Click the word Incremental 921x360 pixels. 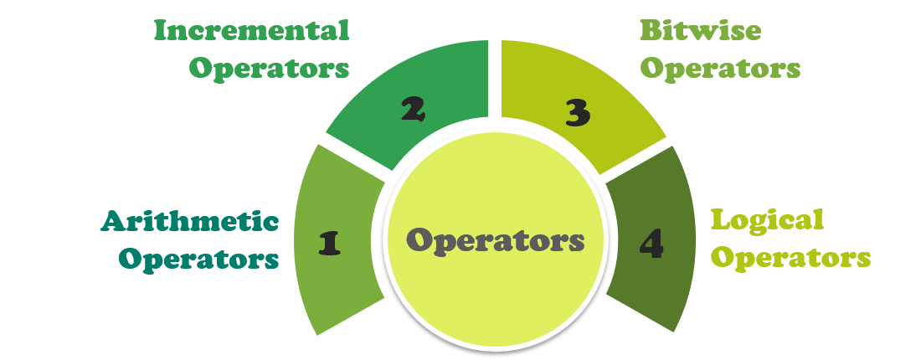coord(251,31)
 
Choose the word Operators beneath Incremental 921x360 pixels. coord(269,69)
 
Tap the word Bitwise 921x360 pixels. coord(700,31)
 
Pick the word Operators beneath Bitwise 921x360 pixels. coord(720,69)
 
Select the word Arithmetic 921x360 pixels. coord(190,221)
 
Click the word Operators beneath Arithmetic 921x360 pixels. coord(198,258)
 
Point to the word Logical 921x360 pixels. coord(768,220)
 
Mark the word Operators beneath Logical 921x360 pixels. coord(790,258)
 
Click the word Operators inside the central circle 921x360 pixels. coord(496,241)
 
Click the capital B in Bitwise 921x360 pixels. coord(649,31)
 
